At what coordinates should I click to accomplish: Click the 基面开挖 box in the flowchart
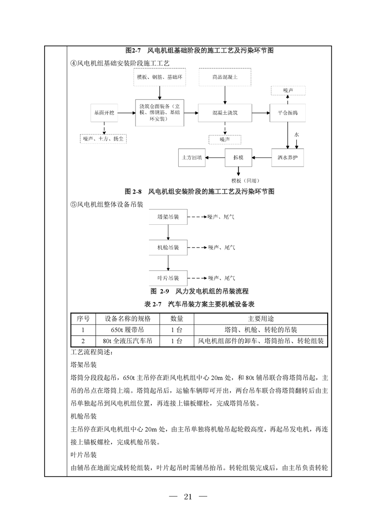103,114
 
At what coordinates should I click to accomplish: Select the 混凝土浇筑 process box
224,114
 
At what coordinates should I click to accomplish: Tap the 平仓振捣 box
287,114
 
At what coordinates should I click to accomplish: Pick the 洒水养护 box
287,157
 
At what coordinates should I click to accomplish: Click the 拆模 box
238,157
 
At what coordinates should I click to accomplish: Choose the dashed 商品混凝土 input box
224,77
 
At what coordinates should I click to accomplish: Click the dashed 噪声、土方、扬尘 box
104,139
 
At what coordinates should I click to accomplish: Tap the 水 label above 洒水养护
296,135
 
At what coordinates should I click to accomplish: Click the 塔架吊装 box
168,217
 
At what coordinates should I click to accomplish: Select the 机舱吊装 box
168,248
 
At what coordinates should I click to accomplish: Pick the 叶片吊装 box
168,278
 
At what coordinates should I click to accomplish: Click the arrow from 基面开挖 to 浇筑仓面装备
127,114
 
